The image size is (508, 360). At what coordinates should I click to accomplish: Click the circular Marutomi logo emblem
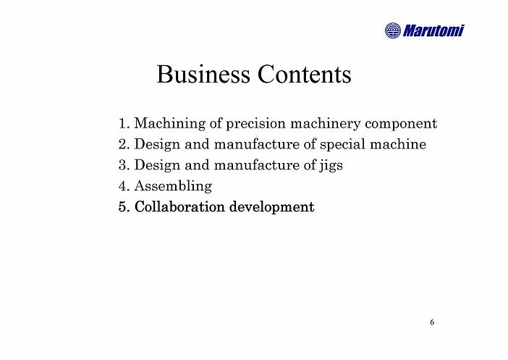[x=393, y=30]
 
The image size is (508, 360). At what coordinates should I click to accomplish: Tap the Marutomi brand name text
[x=433, y=31]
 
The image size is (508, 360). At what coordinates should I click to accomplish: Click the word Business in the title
[x=203, y=74]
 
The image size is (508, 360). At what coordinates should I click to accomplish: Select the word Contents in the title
[x=304, y=74]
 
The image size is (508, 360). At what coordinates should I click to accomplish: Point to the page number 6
[x=432, y=322]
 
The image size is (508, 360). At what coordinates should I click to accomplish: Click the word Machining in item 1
[x=170, y=124]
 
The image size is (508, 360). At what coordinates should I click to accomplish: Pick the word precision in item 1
[x=255, y=124]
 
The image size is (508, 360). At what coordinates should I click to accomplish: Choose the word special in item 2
[x=342, y=145]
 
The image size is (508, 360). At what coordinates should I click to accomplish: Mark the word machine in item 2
[x=398, y=144]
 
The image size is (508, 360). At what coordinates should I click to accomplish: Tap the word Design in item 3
[x=157, y=165]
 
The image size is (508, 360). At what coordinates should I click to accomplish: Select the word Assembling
[x=174, y=186]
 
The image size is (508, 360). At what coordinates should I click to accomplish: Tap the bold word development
[x=272, y=207]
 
